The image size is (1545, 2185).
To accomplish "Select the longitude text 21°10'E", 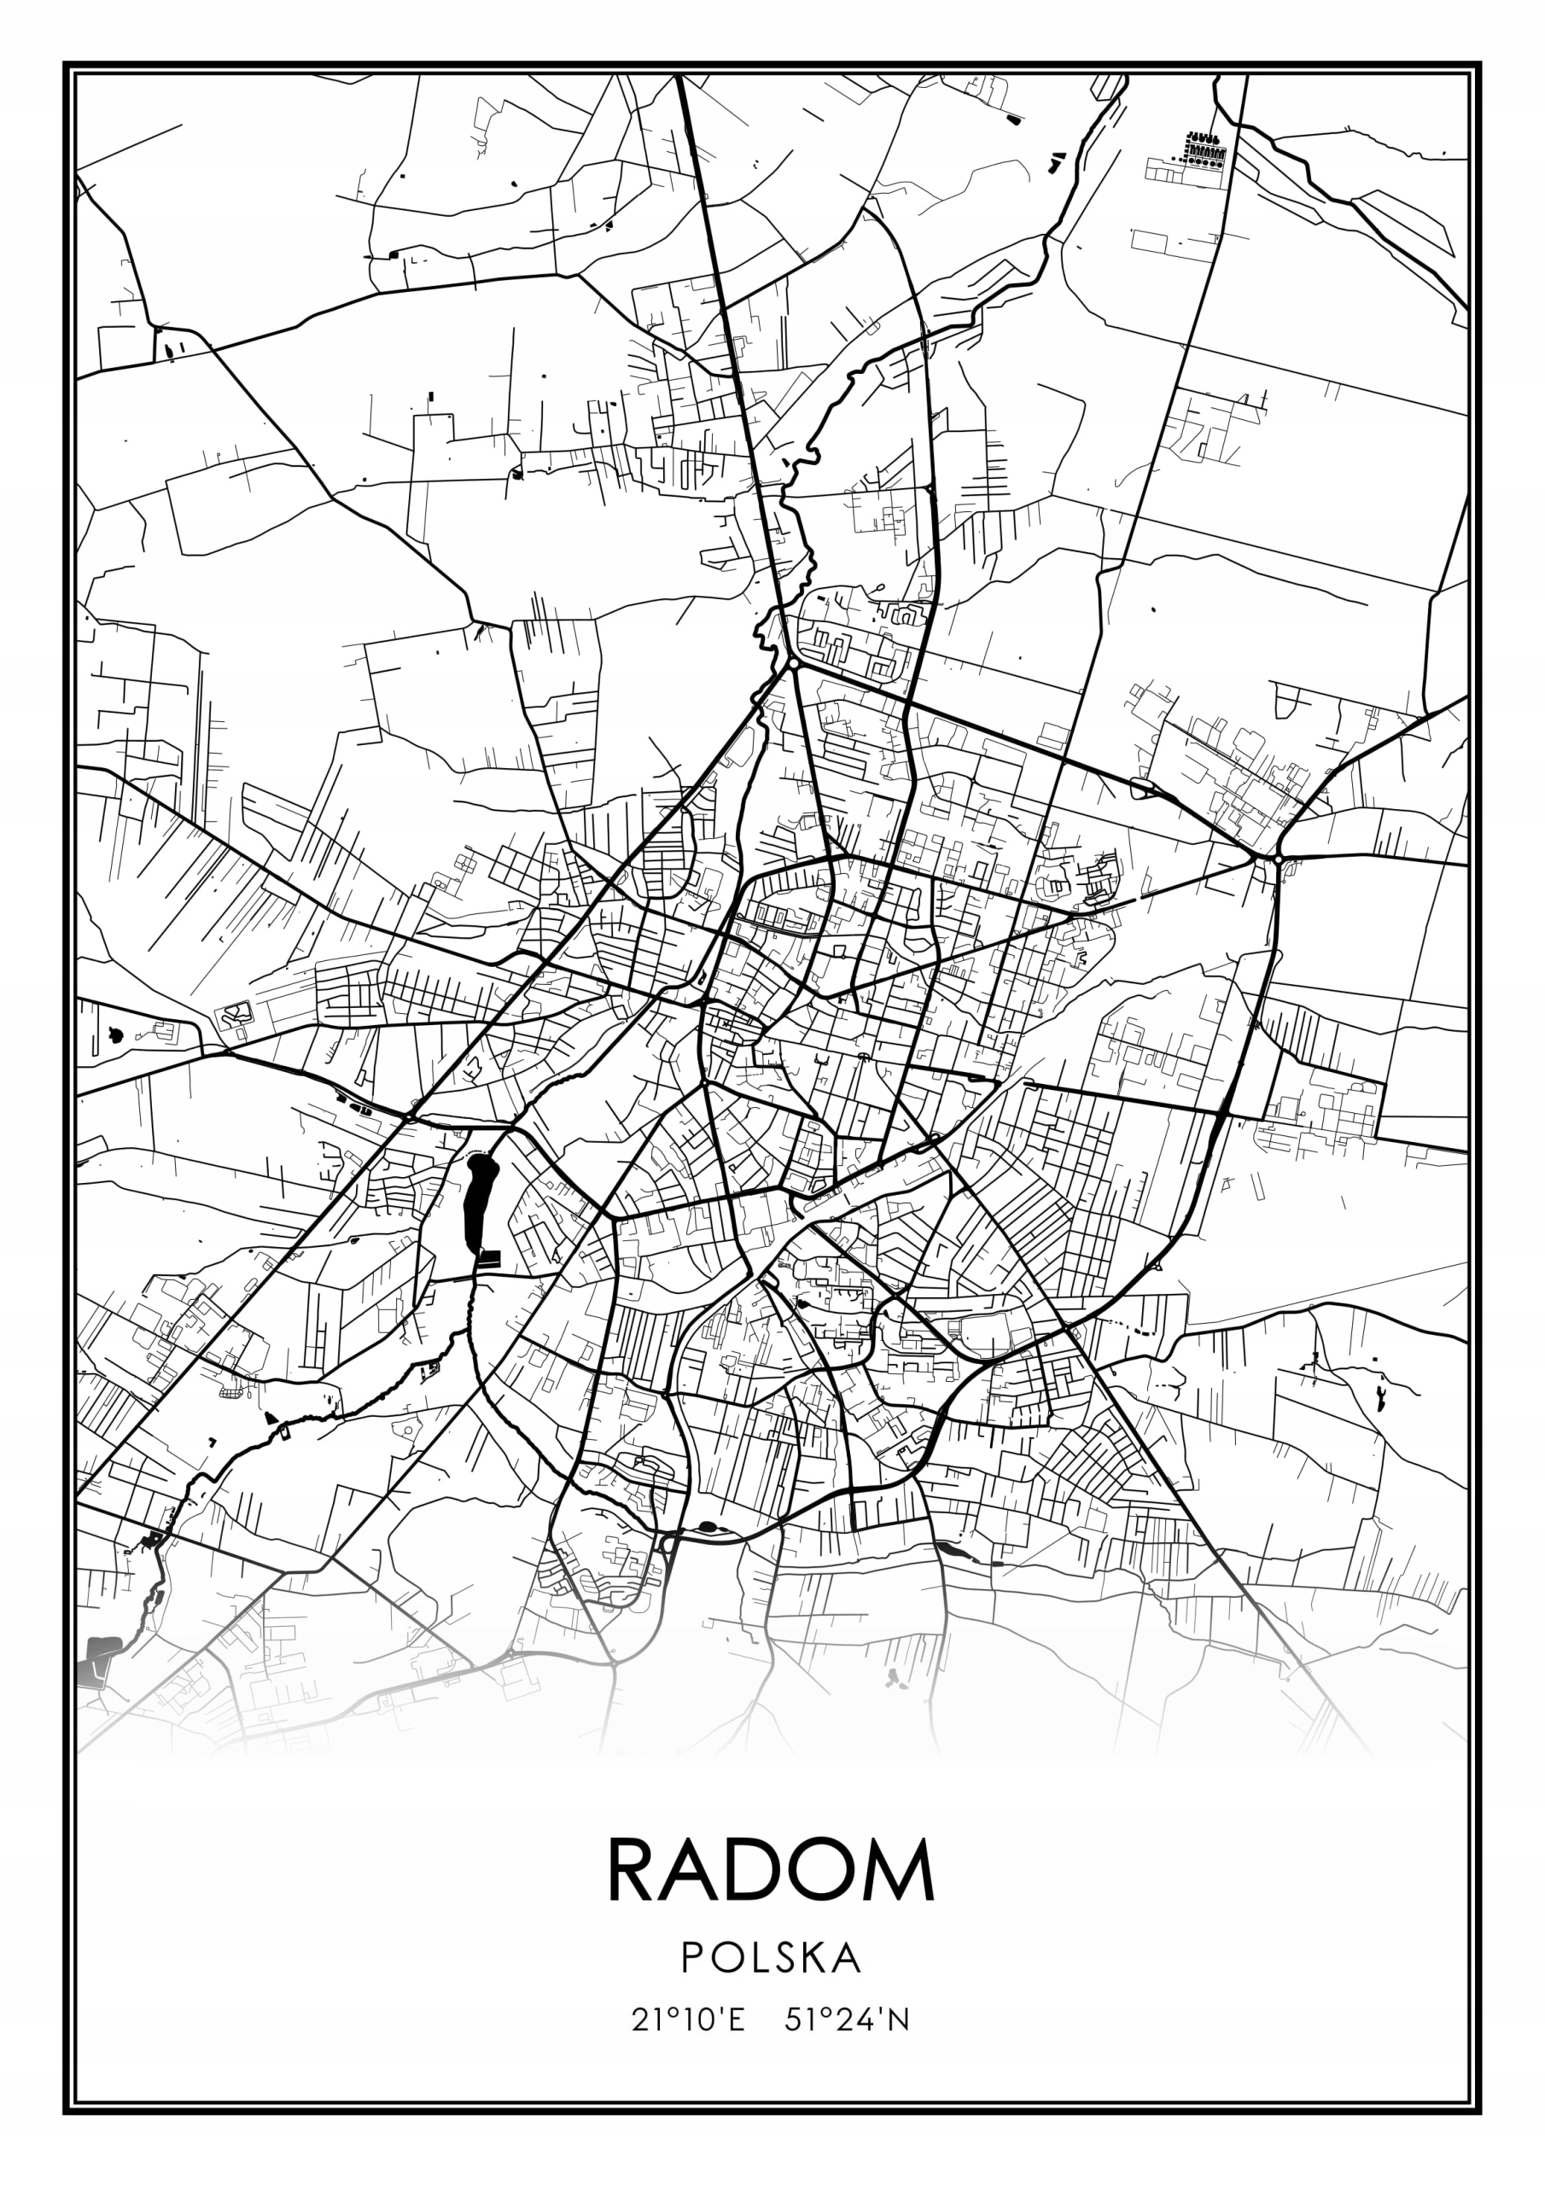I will [688, 2019].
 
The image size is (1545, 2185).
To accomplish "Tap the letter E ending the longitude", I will [736, 2019].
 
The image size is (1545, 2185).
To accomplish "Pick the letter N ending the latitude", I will [899, 2019].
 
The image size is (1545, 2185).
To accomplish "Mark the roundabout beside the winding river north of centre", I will [793, 663].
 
